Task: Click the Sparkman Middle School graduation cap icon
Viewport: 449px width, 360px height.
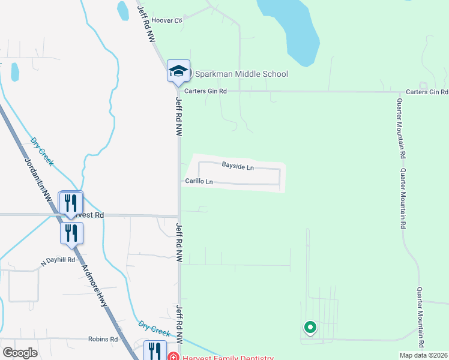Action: [x=178, y=71]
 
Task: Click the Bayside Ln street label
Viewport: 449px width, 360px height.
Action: [x=238, y=166]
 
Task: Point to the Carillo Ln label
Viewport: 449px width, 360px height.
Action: [x=199, y=181]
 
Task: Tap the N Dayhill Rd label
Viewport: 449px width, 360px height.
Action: [x=58, y=261]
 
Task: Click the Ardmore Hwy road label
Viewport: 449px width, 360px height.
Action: [x=95, y=285]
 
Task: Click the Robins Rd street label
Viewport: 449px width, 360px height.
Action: [x=102, y=339]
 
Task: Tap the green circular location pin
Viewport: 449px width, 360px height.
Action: [x=310, y=328]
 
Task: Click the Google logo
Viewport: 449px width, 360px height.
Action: [x=20, y=353]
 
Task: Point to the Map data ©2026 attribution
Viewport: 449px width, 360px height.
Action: [x=423, y=355]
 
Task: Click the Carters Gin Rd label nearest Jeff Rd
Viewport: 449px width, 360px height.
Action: [x=205, y=91]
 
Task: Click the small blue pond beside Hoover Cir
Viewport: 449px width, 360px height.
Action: [x=123, y=10]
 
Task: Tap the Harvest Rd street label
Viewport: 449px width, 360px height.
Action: [x=90, y=215]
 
